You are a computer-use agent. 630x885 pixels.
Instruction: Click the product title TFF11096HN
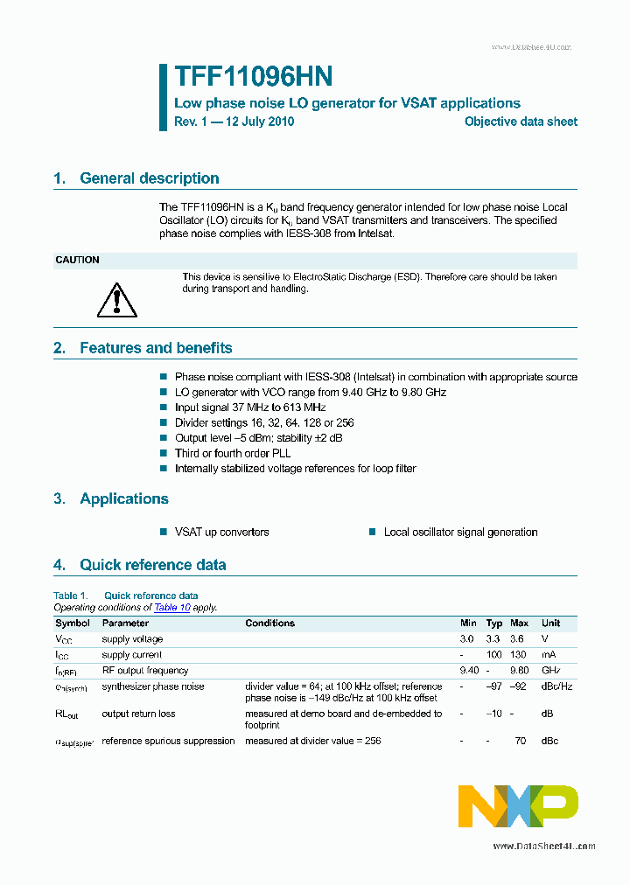pyautogui.click(x=252, y=78)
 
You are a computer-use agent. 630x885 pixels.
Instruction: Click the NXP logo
pyautogui.click(x=518, y=805)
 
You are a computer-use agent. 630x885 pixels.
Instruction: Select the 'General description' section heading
pyautogui.click(x=149, y=178)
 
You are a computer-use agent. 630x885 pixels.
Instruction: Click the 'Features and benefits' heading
pyautogui.click(x=156, y=348)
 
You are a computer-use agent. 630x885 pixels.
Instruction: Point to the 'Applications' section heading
pyautogui.click(x=123, y=499)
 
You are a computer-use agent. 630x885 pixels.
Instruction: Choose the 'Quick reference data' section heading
pyautogui.click(x=152, y=565)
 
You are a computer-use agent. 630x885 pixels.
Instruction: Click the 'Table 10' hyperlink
pyautogui.click(x=171, y=607)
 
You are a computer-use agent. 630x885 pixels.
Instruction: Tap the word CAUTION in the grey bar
pyautogui.click(x=77, y=260)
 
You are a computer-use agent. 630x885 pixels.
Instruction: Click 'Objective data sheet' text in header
pyautogui.click(x=521, y=122)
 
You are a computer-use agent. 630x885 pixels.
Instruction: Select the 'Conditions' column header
pyautogui.click(x=269, y=624)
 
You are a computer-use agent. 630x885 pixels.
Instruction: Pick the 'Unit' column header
pyautogui.click(x=551, y=624)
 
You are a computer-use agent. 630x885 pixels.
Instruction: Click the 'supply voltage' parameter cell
pyautogui.click(x=132, y=639)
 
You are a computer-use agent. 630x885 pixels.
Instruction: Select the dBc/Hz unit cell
pyautogui.click(x=556, y=686)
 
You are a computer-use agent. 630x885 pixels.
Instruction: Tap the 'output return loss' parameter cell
pyautogui.click(x=138, y=714)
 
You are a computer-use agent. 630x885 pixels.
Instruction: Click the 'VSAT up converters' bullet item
pyautogui.click(x=221, y=532)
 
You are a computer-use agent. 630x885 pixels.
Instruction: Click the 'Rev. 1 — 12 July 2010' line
pyautogui.click(x=234, y=122)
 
